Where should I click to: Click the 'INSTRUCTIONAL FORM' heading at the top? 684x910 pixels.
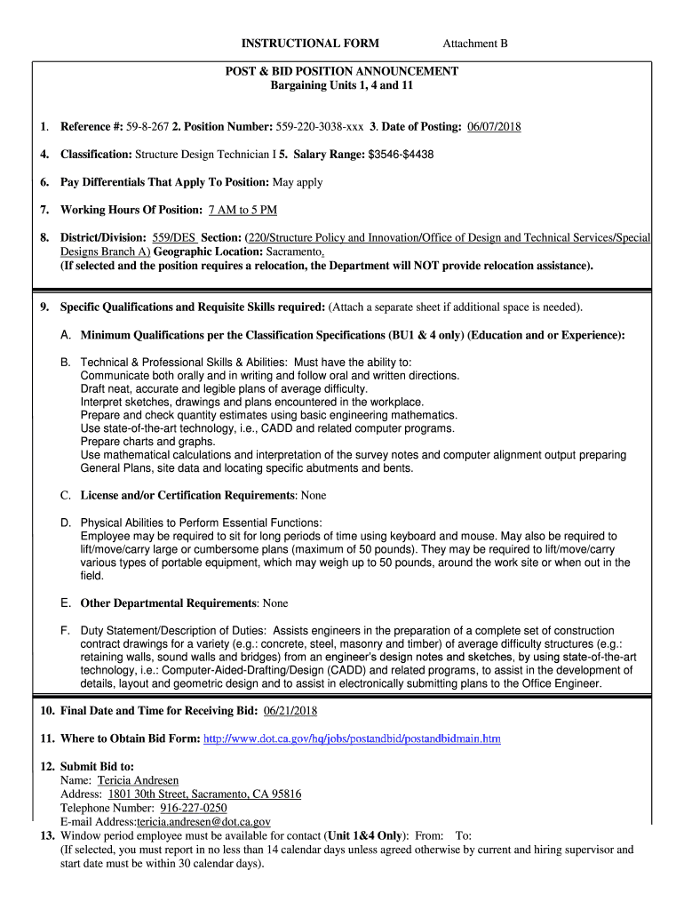point(310,43)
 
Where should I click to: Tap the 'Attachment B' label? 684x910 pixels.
point(475,43)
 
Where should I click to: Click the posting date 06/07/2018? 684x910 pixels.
point(493,127)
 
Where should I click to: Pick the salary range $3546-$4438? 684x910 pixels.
point(401,155)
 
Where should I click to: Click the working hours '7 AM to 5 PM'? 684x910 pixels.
point(243,210)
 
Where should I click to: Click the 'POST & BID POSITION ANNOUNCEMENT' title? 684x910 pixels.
point(342,71)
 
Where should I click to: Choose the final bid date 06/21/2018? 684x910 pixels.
point(290,711)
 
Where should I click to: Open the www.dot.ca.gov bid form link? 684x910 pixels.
point(352,738)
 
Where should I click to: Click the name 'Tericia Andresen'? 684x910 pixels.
point(138,780)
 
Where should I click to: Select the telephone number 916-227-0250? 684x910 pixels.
point(193,808)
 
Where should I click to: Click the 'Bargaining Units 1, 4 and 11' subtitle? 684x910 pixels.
point(342,85)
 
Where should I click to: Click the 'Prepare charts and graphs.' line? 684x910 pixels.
point(147,442)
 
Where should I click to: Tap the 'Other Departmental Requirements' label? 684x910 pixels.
point(169,603)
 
